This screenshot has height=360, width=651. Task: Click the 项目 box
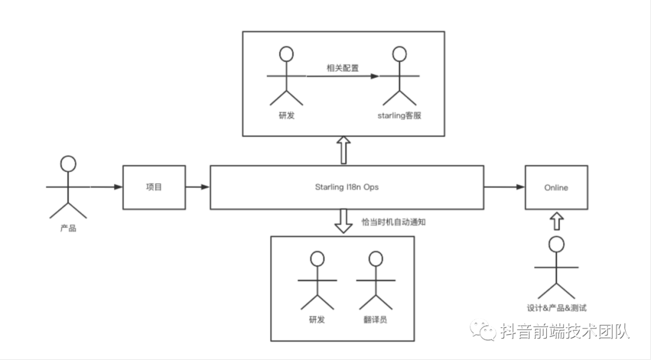154,188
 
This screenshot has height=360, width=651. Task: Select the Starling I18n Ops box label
347,188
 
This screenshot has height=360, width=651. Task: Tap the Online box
556,188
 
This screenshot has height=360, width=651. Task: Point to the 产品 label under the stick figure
68,229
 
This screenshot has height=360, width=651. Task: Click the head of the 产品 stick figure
69,163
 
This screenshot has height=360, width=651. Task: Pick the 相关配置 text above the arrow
342,68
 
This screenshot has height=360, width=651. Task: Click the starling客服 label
398,115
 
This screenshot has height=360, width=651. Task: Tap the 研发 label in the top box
287,115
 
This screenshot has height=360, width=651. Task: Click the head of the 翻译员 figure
376,259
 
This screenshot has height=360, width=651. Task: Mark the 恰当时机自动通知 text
394,221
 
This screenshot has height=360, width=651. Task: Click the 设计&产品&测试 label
556,308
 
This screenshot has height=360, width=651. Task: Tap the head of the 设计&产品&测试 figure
556,244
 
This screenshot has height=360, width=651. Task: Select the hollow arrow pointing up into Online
556,220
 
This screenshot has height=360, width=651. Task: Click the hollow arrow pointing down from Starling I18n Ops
344,221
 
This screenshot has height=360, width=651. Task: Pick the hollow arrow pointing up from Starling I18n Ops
344,150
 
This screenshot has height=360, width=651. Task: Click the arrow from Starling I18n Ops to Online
504,188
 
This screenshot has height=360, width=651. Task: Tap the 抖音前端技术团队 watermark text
564,331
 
